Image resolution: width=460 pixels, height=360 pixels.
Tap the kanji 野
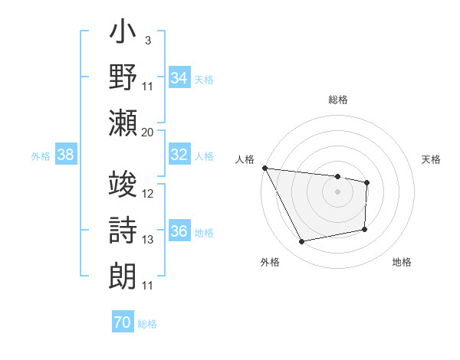click(123, 79)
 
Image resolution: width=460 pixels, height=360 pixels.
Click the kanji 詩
click(123, 230)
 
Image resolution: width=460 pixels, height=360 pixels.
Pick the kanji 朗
click(123, 273)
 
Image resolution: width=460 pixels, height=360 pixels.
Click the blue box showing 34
click(179, 77)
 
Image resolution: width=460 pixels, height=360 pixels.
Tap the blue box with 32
click(179, 155)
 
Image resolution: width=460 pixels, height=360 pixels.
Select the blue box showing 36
click(179, 231)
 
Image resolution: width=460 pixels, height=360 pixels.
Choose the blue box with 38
click(66, 155)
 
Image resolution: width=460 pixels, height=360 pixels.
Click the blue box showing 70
click(123, 322)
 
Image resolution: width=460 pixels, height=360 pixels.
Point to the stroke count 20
click(147, 132)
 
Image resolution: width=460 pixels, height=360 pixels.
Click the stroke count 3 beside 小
click(147, 38)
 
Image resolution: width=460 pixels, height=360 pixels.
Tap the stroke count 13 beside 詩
click(148, 240)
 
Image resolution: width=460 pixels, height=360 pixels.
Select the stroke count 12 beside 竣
click(148, 194)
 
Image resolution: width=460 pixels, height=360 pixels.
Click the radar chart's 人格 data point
click(264, 168)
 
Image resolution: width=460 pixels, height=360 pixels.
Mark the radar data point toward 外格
click(302, 242)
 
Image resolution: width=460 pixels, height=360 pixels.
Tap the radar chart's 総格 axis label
click(338, 100)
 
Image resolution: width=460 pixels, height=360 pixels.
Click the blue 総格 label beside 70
click(147, 324)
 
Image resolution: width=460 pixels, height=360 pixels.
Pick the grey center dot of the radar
click(337, 191)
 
